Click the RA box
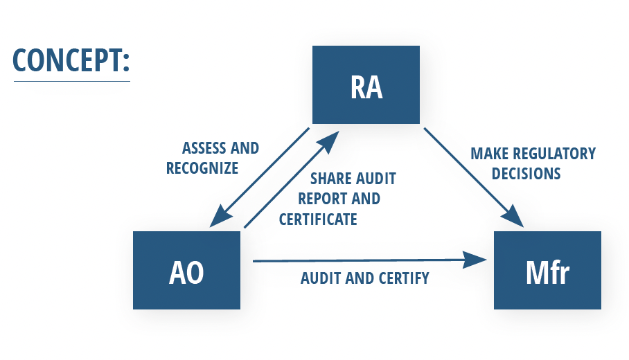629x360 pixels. pyautogui.click(x=366, y=84)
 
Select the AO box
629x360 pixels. pyautogui.click(x=186, y=270)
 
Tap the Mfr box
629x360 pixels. pyautogui.click(x=547, y=270)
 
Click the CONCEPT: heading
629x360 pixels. pyautogui.click(x=71, y=61)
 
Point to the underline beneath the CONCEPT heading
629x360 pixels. pyautogui.click(x=71, y=82)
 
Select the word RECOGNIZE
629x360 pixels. pyautogui.click(x=202, y=168)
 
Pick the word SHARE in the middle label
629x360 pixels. pyautogui.click(x=329, y=179)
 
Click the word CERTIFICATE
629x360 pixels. pyautogui.click(x=318, y=219)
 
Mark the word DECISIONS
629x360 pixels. pyautogui.click(x=526, y=173)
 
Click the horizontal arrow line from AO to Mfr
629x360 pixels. pyautogui.click(x=360, y=261)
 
